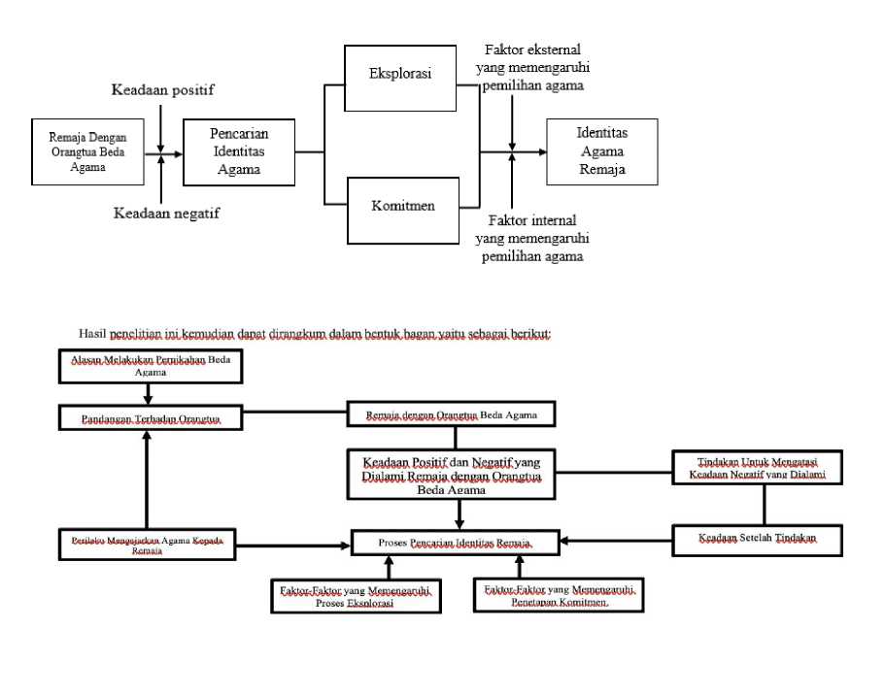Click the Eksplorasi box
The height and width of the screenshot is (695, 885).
click(400, 74)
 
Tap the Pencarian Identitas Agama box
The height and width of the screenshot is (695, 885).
click(239, 151)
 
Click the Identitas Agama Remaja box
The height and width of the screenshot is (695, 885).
click(601, 151)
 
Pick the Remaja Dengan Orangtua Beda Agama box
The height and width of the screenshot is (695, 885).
click(88, 151)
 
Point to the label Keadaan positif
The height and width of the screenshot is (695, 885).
click(162, 90)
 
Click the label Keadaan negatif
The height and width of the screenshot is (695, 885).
click(165, 214)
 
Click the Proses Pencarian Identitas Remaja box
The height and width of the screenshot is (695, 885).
click(456, 542)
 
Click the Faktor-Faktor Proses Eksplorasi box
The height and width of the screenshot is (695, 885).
click(357, 595)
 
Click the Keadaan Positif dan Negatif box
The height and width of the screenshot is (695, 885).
click(457, 473)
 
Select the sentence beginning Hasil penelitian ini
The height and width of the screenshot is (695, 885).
click(315, 333)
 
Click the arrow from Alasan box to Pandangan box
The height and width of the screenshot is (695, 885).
click(147, 393)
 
